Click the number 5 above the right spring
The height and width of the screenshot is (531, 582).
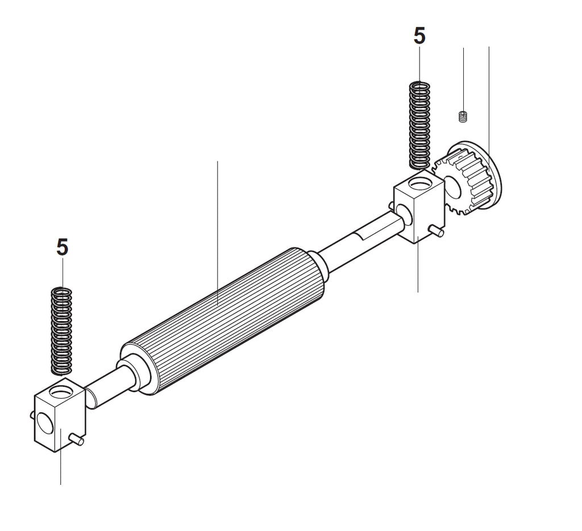tap(419, 36)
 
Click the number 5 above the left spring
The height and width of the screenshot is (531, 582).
tap(63, 247)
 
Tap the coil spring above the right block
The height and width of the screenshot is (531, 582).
tap(419, 126)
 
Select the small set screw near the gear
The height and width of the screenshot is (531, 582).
tap(463, 117)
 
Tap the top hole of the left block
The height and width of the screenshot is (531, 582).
tap(61, 391)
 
